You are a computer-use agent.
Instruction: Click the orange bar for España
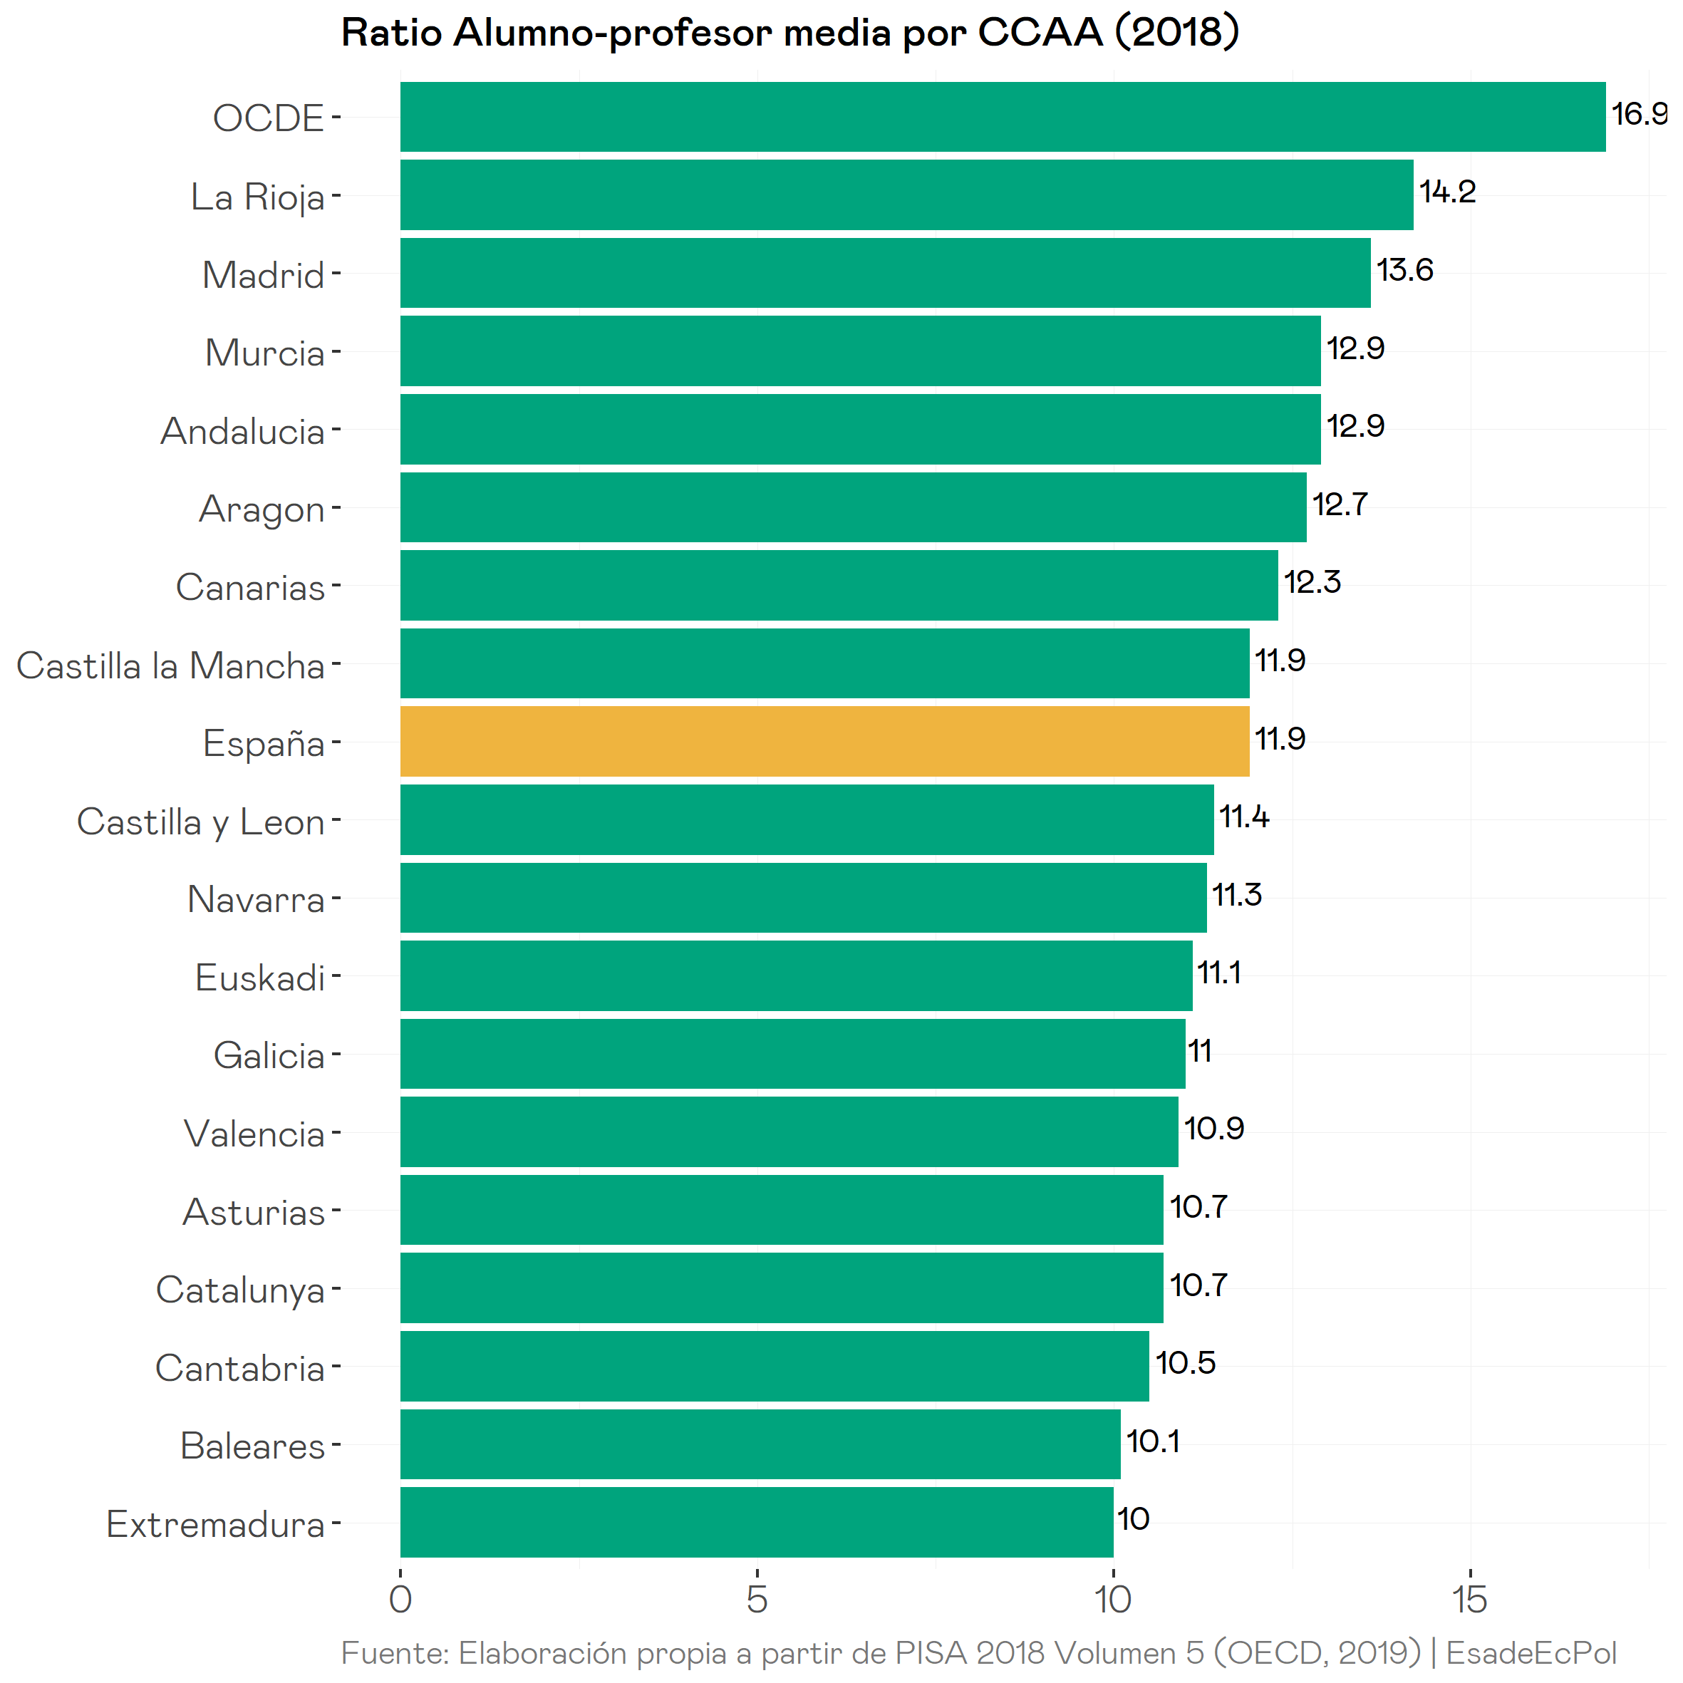[824, 741]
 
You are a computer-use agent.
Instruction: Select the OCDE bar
[1002, 117]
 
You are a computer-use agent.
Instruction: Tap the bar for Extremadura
[756, 1522]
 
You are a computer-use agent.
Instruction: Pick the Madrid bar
[885, 273]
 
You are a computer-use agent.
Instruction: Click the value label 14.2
[1447, 192]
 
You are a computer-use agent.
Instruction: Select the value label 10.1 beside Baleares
[1152, 1441]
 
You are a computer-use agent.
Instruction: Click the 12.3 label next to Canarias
[1312, 582]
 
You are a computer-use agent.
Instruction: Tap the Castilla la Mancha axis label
[171, 666]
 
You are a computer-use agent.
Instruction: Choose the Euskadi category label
[259, 978]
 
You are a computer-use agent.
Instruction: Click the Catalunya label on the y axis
[239, 1289]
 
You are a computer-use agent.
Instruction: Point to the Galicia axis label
[269, 1056]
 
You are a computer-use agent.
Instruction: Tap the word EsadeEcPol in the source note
[1531, 1652]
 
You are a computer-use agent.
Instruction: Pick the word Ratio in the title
[392, 33]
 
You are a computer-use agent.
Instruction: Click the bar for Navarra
[803, 897]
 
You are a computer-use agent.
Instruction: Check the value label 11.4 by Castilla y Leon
[1243, 817]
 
